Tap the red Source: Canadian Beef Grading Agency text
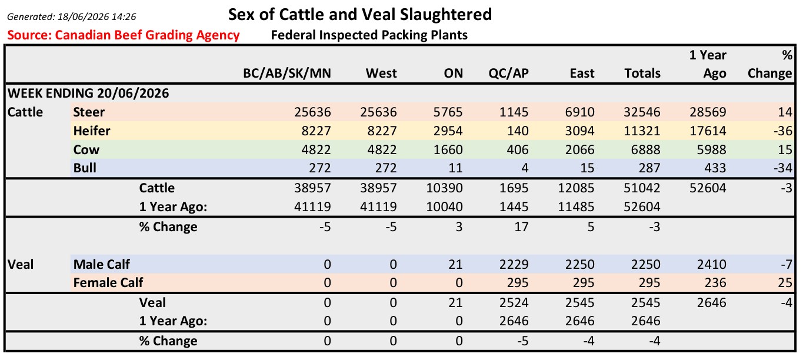(x=124, y=35)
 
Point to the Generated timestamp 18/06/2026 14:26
(x=97, y=17)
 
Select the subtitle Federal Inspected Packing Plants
(x=369, y=35)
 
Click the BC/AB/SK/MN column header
(x=287, y=74)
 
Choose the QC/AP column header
(x=508, y=74)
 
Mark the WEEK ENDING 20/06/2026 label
(x=88, y=93)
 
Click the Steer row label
(x=89, y=112)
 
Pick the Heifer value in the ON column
(x=448, y=131)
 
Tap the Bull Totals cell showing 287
(x=649, y=168)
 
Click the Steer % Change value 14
(x=785, y=112)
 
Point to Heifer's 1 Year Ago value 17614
(x=708, y=131)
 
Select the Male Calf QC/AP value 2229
(x=514, y=265)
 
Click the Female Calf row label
(x=108, y=283)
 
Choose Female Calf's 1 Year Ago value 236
(x=715, y=283)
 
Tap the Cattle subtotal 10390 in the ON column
(x=444, y=188)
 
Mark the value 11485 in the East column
(x=576, y=207)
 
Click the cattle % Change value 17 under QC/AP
(x=521, y=227)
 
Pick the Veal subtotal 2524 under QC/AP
(x=514, y=303)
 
